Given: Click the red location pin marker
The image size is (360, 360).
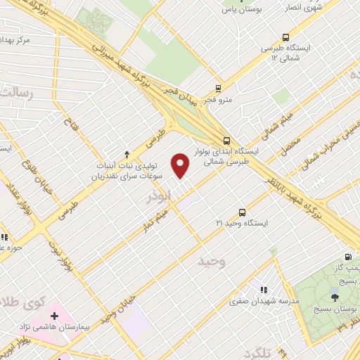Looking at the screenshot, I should pos(181,165).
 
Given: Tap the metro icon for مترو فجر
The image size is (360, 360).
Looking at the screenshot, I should pos(218,89).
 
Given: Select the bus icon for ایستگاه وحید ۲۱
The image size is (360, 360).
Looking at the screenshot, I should pos(243,212).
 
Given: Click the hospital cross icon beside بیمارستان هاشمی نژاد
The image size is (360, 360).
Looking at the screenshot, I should pos(54,316).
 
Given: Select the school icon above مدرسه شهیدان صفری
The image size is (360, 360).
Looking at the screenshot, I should pos(264,289).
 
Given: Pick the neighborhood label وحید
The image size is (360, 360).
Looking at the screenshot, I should pos(210,262).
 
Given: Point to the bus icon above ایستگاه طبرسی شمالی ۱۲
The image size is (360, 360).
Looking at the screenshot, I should pos(285,37).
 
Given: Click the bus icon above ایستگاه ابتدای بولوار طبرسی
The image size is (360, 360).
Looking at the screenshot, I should pos(226,139).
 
